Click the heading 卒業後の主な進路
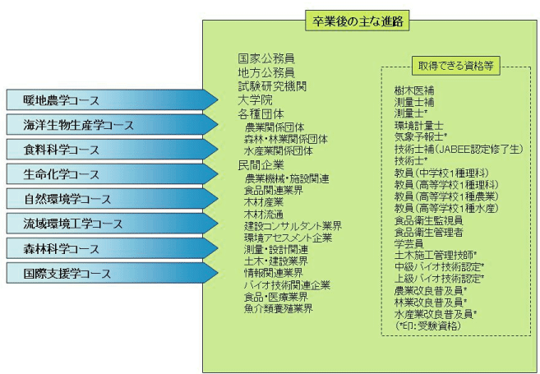(358, 21)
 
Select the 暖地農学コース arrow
(113, 100)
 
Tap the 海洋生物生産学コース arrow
(113, 125)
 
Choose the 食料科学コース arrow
(113, 150)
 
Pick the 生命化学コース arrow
(113, 174)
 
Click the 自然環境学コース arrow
(113, 199)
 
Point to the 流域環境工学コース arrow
(113, 224)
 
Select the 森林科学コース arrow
(113, 248)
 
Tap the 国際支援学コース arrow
(113, 274)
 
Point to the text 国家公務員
(266, 58)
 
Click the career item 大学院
(255, 100)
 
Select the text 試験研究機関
(272, 86)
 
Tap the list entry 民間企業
(261, 165)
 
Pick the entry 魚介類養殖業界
(279, 308)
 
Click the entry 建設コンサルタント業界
(293, 226)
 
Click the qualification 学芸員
(408, 244)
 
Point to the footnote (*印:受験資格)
(428, 326)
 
